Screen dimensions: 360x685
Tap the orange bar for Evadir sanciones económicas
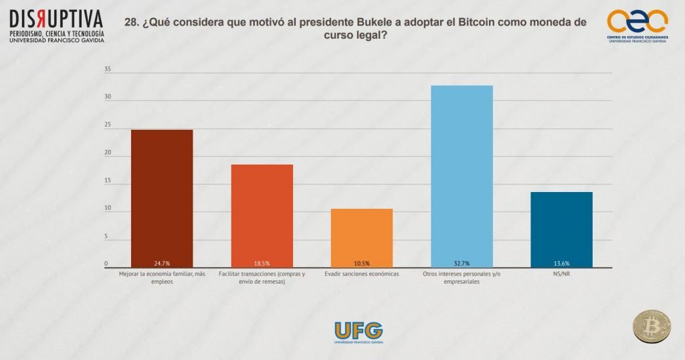click(362, 238)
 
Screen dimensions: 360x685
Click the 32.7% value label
click(462, 264)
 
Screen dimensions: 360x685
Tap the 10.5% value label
click(362, 264)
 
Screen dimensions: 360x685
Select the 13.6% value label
click(561, 264)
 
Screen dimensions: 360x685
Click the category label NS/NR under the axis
click(561, 274)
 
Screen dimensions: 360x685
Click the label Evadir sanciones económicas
click(362, 274)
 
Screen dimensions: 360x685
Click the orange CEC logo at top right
click(636, 22)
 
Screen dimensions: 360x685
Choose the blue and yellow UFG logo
click(359, 331)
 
